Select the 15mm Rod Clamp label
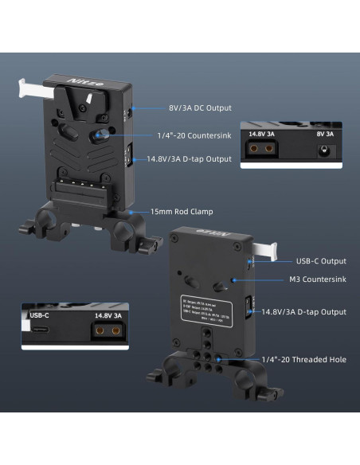coord(182,212)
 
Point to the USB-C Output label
coord(321,260)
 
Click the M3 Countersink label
coord(317,280)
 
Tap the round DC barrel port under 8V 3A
coord(323,151)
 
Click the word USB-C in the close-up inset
coord(38,315)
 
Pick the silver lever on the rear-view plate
coord(265,248)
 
